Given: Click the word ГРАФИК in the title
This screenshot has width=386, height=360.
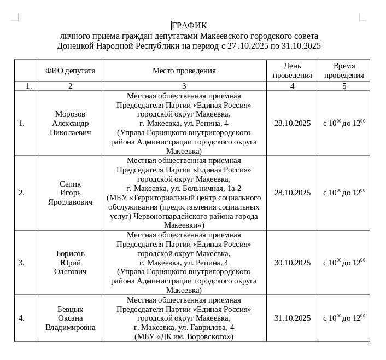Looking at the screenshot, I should [x=189, y=25].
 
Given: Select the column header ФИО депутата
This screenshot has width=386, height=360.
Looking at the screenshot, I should [x=70, y=71].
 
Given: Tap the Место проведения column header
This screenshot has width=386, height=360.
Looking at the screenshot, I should [x=184, y=71].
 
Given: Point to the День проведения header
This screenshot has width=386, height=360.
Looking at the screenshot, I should [x=292, y=71].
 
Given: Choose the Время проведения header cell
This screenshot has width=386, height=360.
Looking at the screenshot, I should [x=344, y=71].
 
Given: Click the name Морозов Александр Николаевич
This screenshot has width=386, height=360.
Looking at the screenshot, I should [x=70, y=123].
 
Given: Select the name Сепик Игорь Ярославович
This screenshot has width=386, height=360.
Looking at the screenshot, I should [x=70, y=193].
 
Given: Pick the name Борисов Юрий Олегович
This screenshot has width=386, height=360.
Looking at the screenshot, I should [x=70, y=263].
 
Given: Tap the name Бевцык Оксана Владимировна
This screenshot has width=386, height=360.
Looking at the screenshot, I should [x=70, y=318].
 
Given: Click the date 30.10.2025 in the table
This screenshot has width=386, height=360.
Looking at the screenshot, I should [x=292, y=263].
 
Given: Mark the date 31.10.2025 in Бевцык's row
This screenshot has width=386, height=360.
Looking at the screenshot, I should [x=292, y=318].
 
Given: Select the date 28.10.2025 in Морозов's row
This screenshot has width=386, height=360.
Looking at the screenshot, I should [x=292, y=123].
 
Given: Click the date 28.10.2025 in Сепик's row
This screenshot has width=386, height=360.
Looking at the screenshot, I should [x=292, y=193].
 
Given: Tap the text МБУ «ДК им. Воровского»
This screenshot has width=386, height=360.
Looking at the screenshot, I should [x=184, y=336].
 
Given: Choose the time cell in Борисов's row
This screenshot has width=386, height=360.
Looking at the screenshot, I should [x=344, y=263].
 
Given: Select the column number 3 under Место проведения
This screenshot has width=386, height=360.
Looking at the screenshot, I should [x=184, y=86].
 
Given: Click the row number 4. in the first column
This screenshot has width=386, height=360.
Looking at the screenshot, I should [x=21, y=318].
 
